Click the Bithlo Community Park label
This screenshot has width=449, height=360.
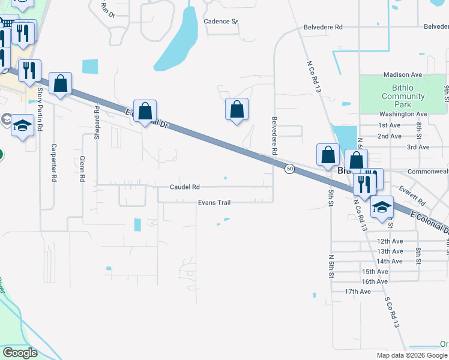[x=403, y=96]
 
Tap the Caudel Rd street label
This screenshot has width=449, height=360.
[x=184, y=187]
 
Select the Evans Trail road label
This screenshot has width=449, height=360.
[x=214, y=203]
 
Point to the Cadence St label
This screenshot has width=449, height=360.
[x=220, y=21]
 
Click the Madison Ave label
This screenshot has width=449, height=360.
[x=403, y=75]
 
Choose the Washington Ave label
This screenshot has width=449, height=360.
[x=403, y=114]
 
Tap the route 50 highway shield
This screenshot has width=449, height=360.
[x=289, y=169]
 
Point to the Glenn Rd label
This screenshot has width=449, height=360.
[x=82, y=169]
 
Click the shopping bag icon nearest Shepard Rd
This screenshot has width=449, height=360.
[x=145, y=111]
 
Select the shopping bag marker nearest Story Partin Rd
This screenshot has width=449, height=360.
[x=60, y=84]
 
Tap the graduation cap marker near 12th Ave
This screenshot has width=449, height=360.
[x=381, y=208]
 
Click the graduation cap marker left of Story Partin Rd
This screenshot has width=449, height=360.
[x=22, y=125]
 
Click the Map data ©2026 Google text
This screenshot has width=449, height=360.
[x=411, y=355]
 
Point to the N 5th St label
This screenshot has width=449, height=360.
[x=331, y=266]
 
